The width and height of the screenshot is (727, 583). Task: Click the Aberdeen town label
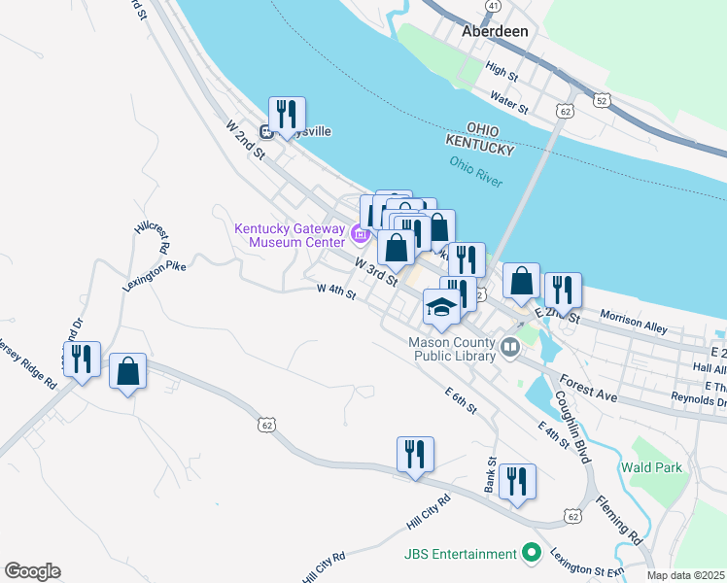(495, 31)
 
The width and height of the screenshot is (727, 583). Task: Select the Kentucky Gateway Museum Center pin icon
(361, 233)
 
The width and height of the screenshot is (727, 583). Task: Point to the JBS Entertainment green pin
(531, 554)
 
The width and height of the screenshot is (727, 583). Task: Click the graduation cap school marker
(441, 308)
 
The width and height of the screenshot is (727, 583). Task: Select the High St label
(502, 70)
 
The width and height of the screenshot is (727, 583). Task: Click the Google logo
(32, 571)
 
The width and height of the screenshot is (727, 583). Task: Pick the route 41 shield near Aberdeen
(494, 6)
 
